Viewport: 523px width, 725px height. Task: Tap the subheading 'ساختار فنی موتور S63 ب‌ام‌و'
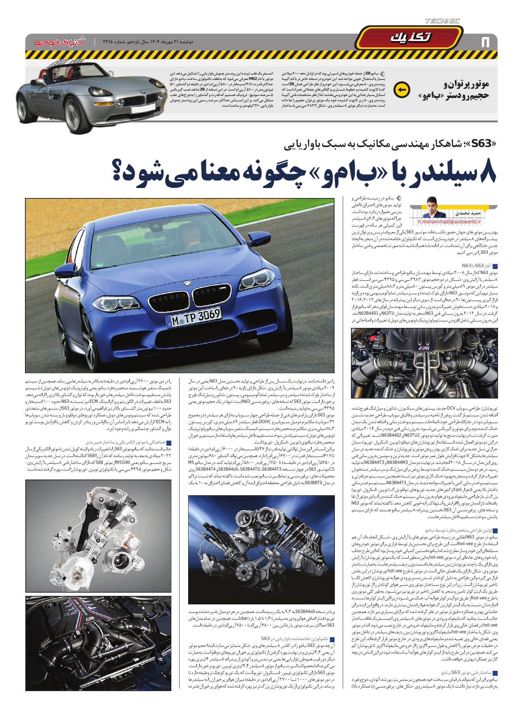click(x=464, y=673)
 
